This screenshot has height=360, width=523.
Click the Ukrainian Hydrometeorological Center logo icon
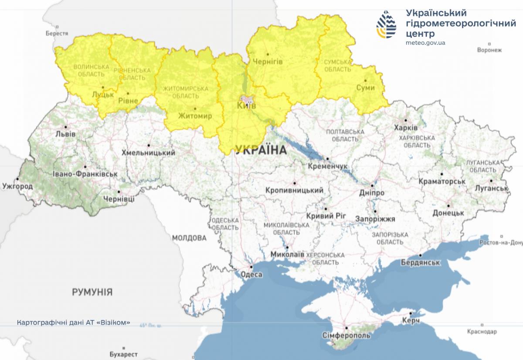(387, 25)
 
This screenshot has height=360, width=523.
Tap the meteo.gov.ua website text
(425, 43)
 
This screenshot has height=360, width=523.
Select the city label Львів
(65, 134)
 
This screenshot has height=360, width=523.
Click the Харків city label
(405, 128)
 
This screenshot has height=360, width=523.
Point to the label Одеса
(251, 275)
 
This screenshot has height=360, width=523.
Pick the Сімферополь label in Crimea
(346, 336)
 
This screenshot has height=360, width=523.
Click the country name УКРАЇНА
(261, 150)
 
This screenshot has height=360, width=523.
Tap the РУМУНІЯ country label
(92, 292)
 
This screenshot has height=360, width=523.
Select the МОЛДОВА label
(189, 238)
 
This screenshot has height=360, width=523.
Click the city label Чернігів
(268, 61)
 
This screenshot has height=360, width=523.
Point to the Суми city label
(366, 88)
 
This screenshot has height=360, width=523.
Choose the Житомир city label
(195, 116)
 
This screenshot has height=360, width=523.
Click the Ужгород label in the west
(17, 187)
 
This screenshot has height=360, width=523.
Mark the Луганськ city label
(492, 188)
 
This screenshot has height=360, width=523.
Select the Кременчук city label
(328, 166)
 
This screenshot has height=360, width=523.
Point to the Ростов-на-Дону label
(501, 242)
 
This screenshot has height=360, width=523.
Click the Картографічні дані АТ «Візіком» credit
(73, 323)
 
